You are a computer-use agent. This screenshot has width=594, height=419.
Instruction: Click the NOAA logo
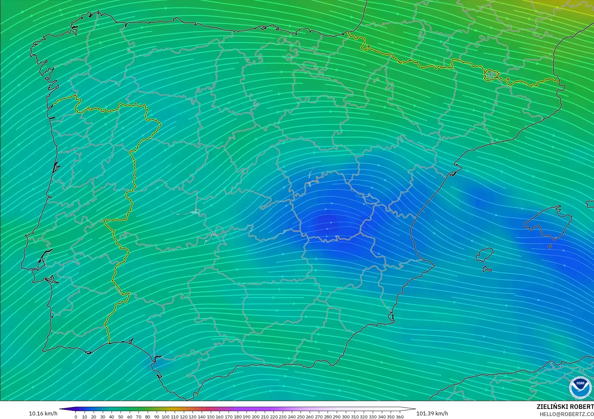580,387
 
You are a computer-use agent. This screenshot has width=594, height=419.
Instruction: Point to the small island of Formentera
487,269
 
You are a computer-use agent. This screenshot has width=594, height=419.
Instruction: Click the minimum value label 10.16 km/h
43,413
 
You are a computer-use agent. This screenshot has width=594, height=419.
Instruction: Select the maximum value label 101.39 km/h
432,413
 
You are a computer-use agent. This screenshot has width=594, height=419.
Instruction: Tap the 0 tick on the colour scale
76,417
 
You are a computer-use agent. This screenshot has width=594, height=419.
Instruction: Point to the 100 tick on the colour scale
166,417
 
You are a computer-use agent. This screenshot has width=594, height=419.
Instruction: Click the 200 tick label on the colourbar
256,417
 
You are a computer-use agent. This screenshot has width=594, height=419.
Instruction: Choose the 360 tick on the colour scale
400,417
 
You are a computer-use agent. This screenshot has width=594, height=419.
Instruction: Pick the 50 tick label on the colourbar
121,417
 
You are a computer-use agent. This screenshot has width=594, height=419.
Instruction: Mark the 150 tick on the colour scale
210,417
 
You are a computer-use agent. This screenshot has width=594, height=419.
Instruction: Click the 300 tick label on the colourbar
346,417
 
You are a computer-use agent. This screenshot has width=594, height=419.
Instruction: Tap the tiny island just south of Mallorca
550,246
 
